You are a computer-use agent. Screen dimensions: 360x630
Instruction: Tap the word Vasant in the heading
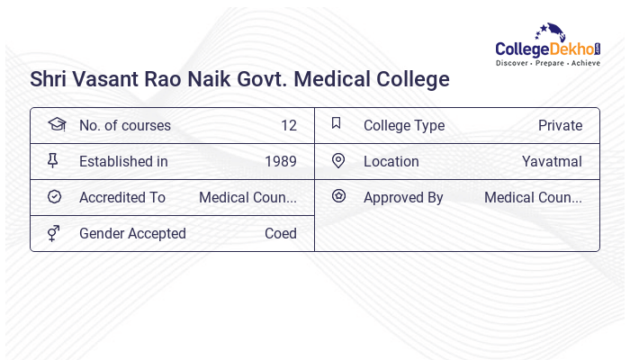114,79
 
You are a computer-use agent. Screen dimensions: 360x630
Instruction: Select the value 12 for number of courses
288,125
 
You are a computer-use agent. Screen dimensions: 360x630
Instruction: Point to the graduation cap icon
56,124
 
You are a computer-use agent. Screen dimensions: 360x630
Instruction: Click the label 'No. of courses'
124,125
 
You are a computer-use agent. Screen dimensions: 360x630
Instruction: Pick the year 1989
281,161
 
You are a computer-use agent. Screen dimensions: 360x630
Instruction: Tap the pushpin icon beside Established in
53,160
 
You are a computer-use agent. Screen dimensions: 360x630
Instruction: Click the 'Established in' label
123,161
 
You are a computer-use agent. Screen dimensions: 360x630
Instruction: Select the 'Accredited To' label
122,197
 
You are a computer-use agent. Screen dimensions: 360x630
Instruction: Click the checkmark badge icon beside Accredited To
54,196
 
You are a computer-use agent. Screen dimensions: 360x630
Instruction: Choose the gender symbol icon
53,233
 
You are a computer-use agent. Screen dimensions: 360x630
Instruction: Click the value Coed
281,233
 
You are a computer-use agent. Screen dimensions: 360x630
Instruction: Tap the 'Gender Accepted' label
132,233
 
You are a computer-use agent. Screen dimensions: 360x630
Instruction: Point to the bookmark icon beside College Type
337,123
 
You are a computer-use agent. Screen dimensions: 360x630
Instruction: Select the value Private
560,125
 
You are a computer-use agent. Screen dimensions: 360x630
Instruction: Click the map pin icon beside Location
338,160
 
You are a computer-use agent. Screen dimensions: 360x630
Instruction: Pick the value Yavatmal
552,161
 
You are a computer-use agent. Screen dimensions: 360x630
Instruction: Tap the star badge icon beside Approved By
338,195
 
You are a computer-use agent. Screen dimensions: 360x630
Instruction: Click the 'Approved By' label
403,197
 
